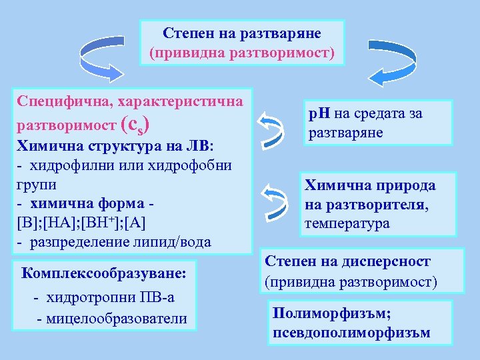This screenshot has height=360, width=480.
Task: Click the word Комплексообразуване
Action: click(104, 273)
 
